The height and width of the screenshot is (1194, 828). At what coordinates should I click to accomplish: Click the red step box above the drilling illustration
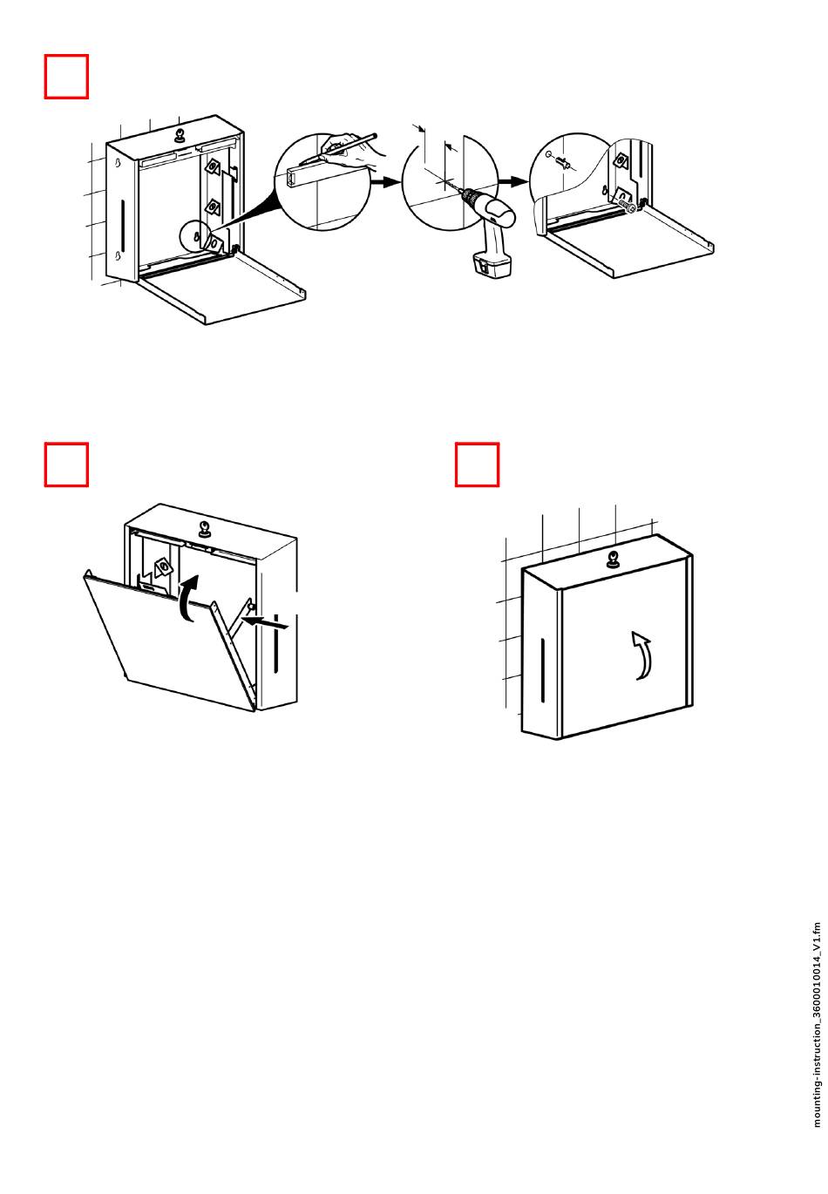66,77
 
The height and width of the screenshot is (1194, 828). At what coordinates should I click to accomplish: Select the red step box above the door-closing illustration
66,465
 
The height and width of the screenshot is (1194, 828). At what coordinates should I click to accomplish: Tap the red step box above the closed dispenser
477,465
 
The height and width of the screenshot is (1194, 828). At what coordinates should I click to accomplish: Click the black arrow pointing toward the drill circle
384,183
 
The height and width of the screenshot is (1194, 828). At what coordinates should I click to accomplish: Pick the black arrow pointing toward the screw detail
514,181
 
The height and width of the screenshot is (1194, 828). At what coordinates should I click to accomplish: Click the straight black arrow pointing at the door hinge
267,622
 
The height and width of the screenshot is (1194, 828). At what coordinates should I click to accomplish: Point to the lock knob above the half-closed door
205,528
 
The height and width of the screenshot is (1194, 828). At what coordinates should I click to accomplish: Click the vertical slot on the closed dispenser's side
542,669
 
